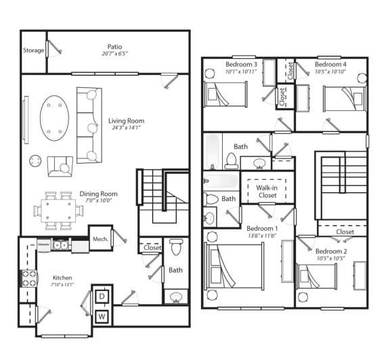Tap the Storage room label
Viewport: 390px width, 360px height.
click(x=33, y=50)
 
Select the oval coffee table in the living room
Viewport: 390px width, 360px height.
click(x=55, y=117)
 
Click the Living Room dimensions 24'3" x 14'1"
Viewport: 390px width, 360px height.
click(x=126, y=131)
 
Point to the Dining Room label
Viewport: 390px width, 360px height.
click(x=98, y=194)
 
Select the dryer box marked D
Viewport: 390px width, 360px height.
click(x=102, y=296)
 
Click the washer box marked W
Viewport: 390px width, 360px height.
click(x=102, y=315)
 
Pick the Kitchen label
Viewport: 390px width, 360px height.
click(x=62, y=277)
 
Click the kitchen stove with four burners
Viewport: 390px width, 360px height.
click(x=30, y=278)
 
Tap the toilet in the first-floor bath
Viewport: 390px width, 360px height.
click(x=176, y=246)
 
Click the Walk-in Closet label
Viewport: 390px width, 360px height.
click(x=267, y=191)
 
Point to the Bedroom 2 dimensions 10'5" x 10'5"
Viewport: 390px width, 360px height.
click(x=330, y=258)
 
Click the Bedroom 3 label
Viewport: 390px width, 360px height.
click(x=241, y=64)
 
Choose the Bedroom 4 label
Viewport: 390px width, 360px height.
click(x=330, y=64)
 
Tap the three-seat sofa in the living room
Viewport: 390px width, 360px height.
click(x=88, y=125)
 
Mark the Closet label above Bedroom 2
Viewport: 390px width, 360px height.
click(x=345, y=231)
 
